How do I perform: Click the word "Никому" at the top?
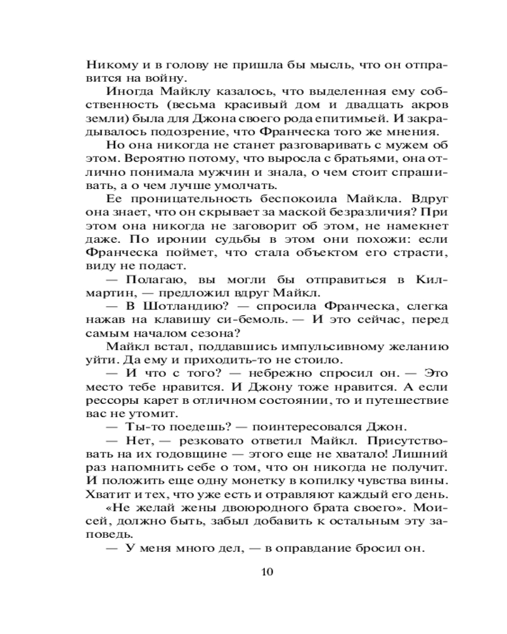(x=108, y=65)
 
